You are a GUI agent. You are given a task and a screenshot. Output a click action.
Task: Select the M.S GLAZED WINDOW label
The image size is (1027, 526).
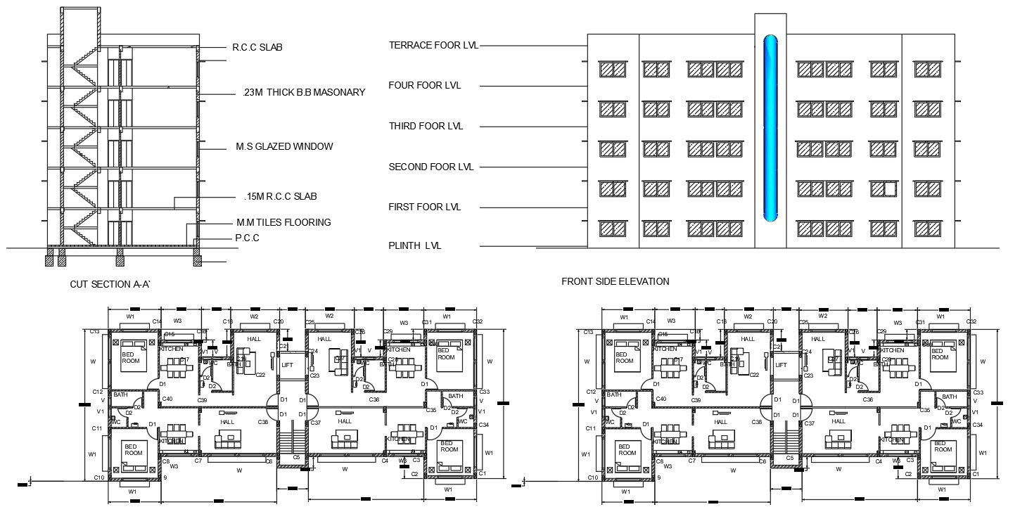[284, 147]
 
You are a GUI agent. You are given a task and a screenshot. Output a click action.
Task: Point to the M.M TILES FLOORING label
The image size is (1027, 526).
[283, 222]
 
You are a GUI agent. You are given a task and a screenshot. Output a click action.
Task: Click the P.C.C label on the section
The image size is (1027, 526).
[247, 238]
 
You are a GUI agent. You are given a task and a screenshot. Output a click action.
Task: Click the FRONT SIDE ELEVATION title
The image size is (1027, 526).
[615, 281]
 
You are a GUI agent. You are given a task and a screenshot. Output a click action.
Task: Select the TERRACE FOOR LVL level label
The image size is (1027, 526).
[433, 45]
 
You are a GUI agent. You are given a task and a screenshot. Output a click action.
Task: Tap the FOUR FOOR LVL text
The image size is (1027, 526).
[424, 86]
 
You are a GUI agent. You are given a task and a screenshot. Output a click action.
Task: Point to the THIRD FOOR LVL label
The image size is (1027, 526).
[426, 127]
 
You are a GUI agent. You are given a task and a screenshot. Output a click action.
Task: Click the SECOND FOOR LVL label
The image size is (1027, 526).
[430, 167]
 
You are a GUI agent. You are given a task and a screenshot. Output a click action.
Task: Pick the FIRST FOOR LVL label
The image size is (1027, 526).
[424, 207]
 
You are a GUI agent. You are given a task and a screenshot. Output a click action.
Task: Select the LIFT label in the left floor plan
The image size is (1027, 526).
[287, 365]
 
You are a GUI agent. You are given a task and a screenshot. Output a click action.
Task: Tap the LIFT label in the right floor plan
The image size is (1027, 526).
[781, 365]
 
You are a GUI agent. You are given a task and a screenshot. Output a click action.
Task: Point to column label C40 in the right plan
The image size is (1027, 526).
[661, 399]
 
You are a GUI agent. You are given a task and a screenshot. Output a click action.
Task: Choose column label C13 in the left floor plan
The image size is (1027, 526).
[94, 331]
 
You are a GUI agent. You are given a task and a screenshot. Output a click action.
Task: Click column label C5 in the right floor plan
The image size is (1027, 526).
[789, 458]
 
